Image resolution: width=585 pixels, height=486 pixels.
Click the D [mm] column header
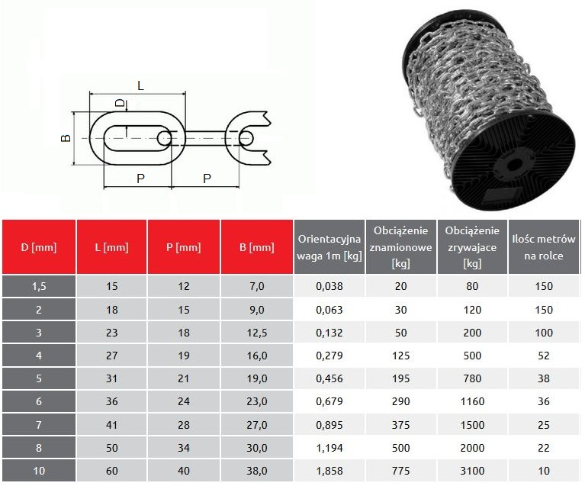39,247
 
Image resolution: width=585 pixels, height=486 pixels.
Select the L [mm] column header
111,247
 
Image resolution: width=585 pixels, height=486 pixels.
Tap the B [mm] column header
257,247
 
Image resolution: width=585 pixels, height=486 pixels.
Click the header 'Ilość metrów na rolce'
544,247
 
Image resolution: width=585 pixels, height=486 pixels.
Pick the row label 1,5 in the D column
39,286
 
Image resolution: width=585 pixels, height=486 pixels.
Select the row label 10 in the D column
39,471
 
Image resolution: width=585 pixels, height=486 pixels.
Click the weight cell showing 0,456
329,378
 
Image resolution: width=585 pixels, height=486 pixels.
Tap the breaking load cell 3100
472,471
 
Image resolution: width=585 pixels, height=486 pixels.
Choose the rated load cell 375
400,425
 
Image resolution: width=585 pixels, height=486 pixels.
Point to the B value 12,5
257,333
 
